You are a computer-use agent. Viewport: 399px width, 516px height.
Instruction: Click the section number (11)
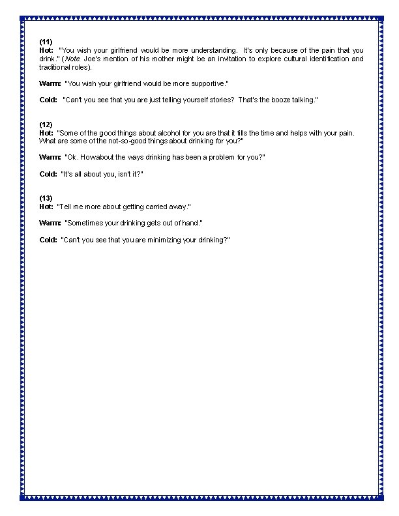46,42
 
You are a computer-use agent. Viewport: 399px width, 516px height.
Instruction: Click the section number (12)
46,124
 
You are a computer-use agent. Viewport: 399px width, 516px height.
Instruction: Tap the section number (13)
46,198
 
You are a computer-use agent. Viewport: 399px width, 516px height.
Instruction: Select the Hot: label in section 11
46,50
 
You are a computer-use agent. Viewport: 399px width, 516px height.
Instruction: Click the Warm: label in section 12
50,157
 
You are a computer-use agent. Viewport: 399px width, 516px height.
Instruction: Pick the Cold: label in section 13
48,240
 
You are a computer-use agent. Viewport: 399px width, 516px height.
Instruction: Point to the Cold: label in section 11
48,100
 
